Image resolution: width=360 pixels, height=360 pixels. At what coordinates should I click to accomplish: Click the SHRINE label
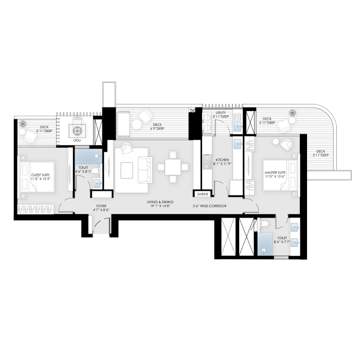point(201,194)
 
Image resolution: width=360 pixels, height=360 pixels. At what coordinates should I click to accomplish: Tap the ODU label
point(78,139)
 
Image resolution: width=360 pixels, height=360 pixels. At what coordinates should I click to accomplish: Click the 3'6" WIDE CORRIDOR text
point(210,206)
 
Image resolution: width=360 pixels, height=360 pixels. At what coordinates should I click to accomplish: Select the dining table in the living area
point(172,167)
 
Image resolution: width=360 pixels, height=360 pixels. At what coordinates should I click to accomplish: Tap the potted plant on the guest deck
point(23,123)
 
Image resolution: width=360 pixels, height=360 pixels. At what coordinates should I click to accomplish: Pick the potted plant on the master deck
point(293,112)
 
